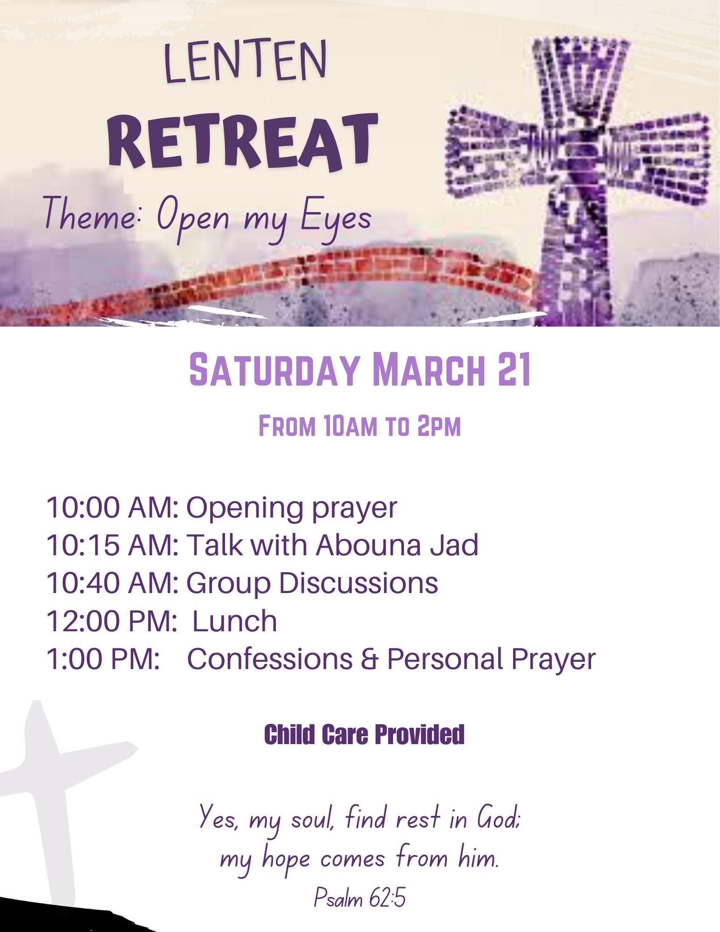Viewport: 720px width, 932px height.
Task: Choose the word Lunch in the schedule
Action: point(234,621)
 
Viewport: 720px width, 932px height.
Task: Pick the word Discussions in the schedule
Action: point(359,583)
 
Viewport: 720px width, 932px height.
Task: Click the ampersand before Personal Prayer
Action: point(370,659)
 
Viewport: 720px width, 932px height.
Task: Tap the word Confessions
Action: point(270,659)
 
